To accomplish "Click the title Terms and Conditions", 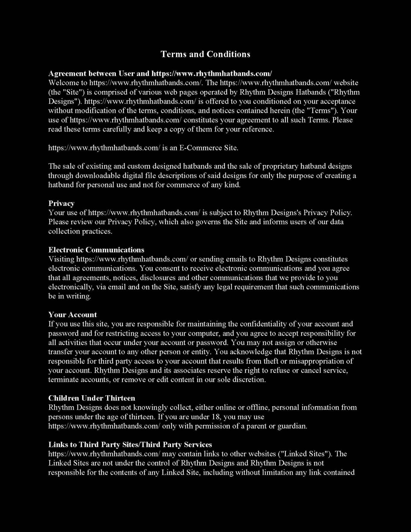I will (x=205, y=54).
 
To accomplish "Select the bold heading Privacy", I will (x=61, y=204).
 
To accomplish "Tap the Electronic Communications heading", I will (x=96, y=250).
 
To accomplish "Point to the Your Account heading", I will (x=73, y=315).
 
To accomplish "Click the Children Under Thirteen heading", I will (x=92, y=398).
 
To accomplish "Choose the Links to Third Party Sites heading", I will (x=130, y=444).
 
